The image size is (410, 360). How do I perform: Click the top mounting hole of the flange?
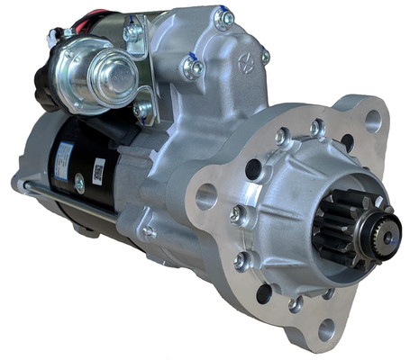tap(371, 120)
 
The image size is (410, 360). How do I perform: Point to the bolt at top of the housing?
tap(223, 17)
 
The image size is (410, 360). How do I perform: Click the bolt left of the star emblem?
tap(191, 65)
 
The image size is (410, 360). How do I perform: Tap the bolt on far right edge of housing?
tap(265, 57)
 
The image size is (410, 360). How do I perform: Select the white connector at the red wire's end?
tap(68, 34)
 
